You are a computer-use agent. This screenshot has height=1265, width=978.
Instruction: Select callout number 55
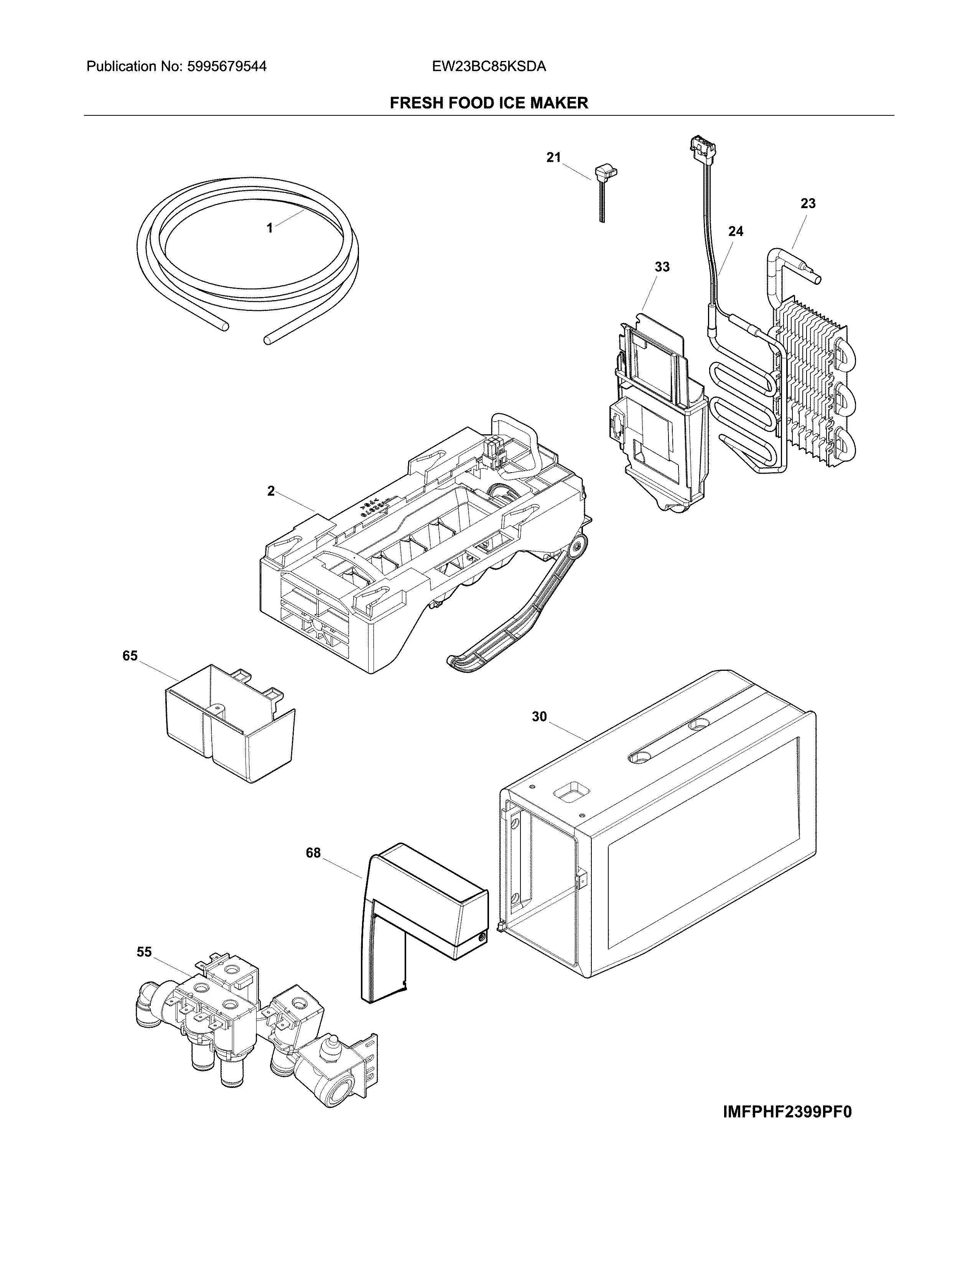[144, 952]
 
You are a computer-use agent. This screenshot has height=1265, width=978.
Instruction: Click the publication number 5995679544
[227, 67]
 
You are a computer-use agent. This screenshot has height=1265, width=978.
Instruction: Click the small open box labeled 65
[229, 724]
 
